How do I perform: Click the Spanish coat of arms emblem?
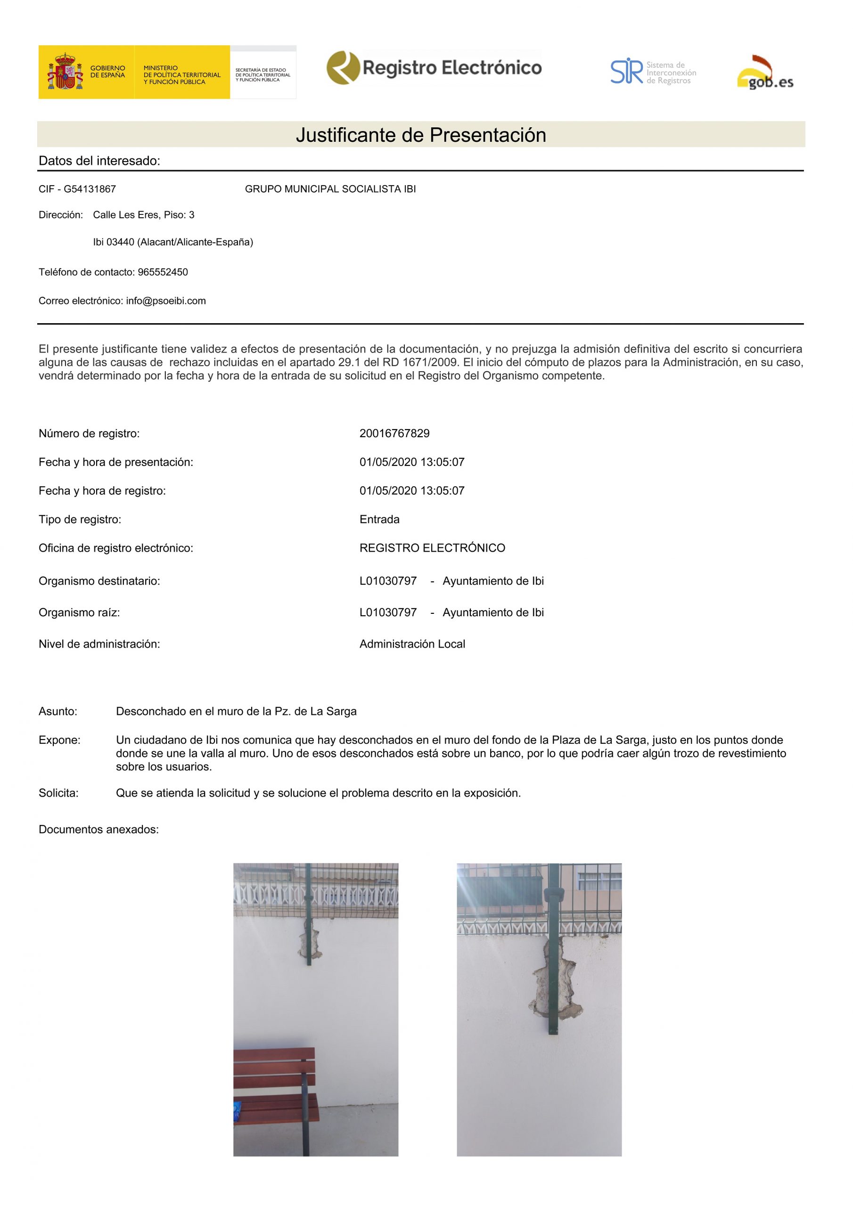point(65,73)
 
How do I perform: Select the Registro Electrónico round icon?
point(343,68)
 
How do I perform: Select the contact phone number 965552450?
point(163,272)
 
